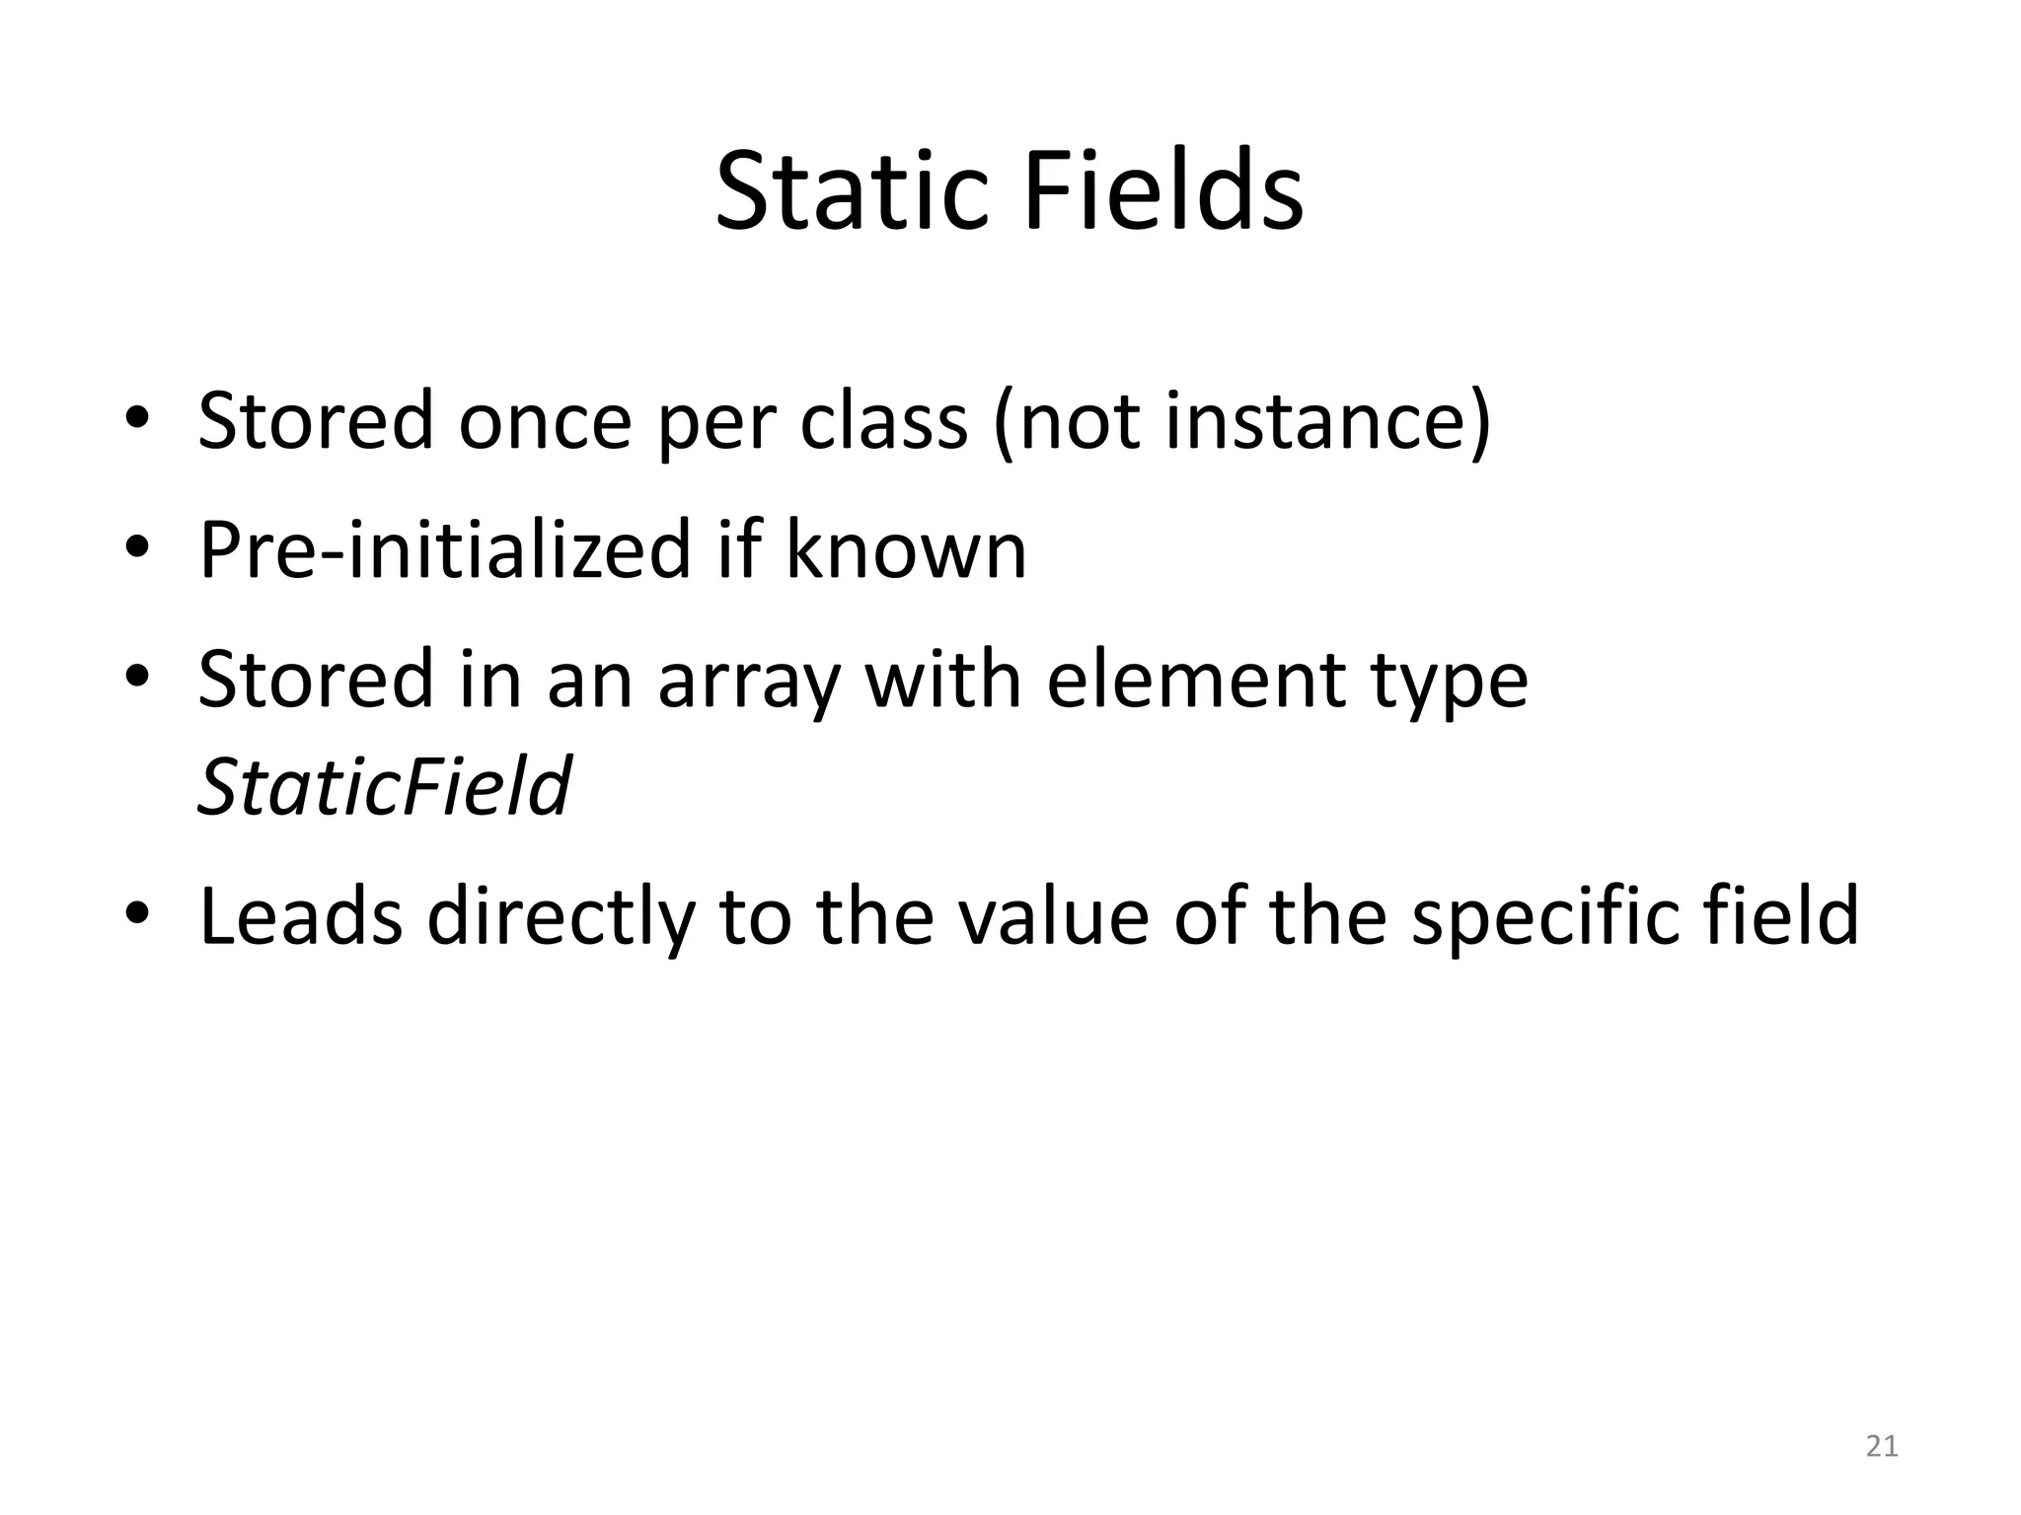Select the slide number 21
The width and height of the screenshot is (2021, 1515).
click(1882, 1446)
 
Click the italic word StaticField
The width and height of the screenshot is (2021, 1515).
click(384, 786)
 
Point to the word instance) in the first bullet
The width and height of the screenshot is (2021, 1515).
click(1327, 422)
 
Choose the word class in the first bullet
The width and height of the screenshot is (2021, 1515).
click(882, 422)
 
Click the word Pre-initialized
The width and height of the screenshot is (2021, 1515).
click(445, 549)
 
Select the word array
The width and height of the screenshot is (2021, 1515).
click(749, 681)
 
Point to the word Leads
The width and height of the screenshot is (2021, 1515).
click(301, 914)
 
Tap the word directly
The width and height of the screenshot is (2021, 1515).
click(561, 916)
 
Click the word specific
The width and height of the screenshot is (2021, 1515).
click(1544, 916)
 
